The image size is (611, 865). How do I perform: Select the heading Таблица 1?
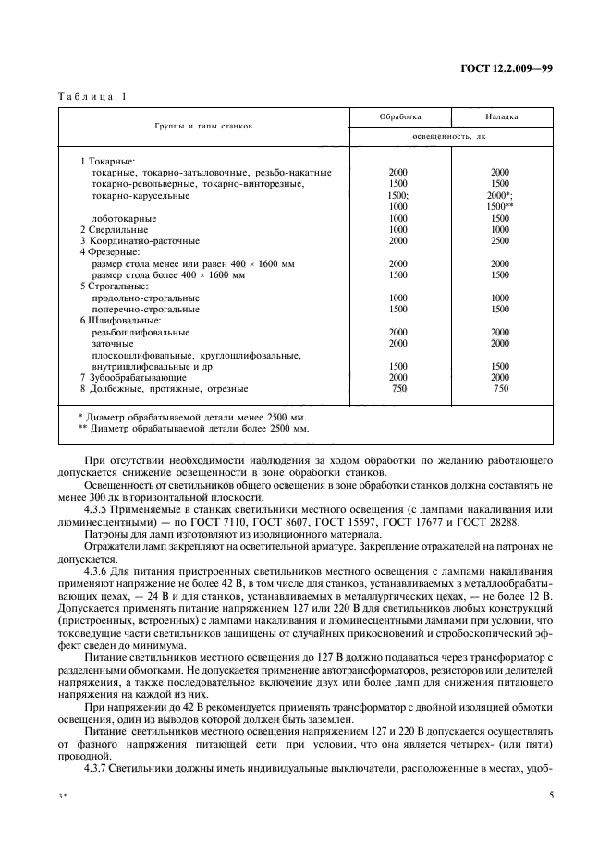coord(94,98)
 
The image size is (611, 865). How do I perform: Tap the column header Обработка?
coord(399,117)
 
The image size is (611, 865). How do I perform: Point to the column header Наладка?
coord(501,117)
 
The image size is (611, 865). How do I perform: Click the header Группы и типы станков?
coord(203,126)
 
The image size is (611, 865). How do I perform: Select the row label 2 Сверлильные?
coord(115,229)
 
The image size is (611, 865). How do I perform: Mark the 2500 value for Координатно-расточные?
coord(500,240)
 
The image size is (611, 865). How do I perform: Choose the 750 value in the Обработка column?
coord(398,389)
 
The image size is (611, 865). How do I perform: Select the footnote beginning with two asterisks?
coord(193,429)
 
